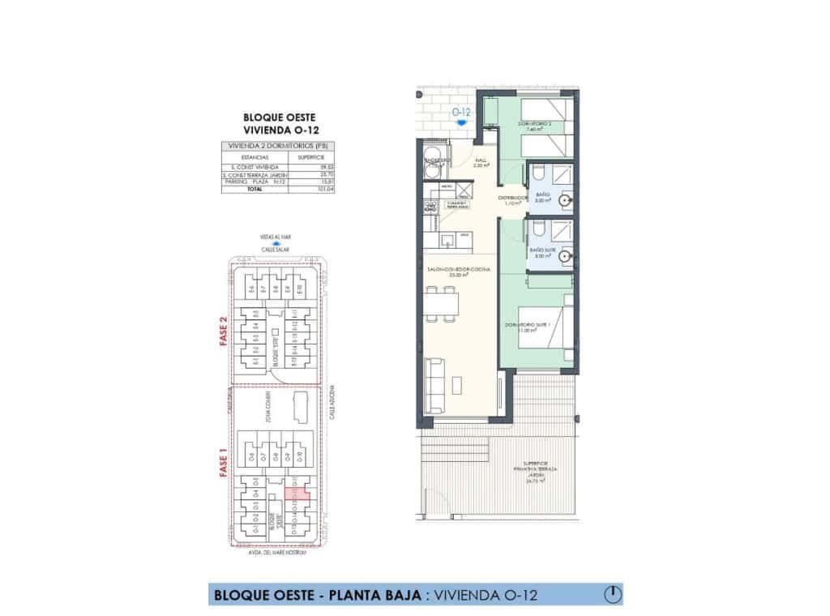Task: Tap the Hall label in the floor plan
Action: tap(479, 162)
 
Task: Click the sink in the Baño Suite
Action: tap(566, 255)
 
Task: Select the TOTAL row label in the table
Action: tap(249, 189)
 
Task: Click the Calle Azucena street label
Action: tap(332, 413)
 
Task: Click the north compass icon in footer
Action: tap(614, 595)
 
